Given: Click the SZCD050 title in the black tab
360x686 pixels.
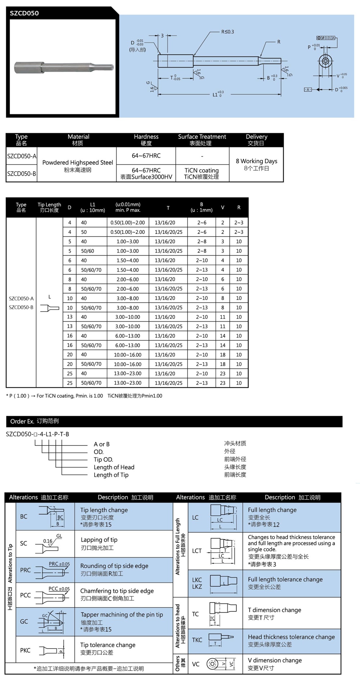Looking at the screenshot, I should click(x=24, y=13).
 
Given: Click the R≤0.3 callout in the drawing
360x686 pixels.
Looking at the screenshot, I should click(x=227, y=32).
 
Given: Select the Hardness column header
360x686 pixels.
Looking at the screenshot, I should click(x=146, y=140).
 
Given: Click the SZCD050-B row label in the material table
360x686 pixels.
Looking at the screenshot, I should click(x=22, y=173).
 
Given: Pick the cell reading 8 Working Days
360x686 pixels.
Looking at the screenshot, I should click(x=256, y=161).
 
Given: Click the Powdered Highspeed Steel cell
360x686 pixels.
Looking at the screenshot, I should click(x=77, y=163).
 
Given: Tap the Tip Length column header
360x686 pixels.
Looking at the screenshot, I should click(x=49, y=207).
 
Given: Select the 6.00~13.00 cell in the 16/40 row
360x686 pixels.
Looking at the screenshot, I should click(x=127, y=336).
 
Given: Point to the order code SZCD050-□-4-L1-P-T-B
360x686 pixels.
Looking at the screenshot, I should click(x=37, y=434).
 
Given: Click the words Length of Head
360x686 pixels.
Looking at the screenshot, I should click(x=114, y=467).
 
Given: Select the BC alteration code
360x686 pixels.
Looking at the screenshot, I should click(x=24, y=516).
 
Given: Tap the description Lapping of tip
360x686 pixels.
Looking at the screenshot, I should click(x=99, y=540).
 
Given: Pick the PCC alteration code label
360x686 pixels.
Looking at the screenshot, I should click(x=25, y=595).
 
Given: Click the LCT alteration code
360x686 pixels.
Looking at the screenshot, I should click(x=197, y=551).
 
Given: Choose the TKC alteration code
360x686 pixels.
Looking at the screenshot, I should click(x=197, y=640).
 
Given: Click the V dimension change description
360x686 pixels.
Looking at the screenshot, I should click(x=275, y=660).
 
